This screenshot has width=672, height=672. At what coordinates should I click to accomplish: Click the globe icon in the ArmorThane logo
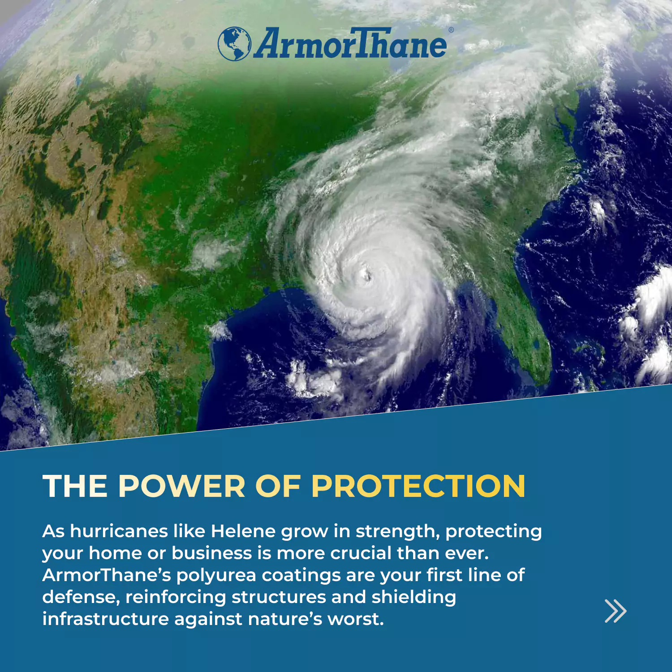click(x=234, y=43)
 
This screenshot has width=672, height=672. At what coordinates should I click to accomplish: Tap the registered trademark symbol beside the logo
click(x=451, y=30)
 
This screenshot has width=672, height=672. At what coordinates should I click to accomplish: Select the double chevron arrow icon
click(x=616, y=611)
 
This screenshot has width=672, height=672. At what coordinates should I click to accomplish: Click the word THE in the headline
click(x=75, y=486)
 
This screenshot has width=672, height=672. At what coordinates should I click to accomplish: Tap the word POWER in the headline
click(x=182, y=486)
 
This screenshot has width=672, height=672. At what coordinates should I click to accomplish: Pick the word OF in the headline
click(x=278, y=486)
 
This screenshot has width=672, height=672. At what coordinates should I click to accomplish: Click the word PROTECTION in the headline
click(x=418, y=486)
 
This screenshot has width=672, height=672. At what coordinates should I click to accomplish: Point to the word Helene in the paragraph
click(x=243, y=531)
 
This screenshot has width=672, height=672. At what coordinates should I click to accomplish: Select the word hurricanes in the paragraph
click(x=118, y=531)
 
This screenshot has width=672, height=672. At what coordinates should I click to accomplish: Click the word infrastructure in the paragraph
click(x=105, y=619)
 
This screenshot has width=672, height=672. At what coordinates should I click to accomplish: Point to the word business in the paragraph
click(x=212, y=553)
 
